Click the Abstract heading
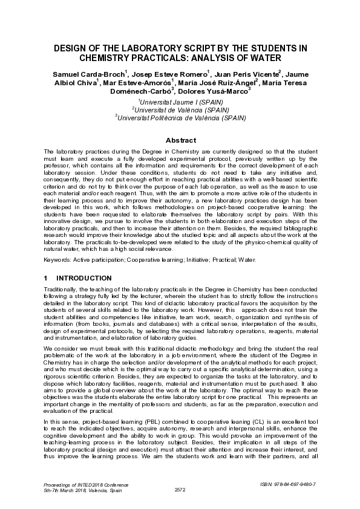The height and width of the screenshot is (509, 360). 180,139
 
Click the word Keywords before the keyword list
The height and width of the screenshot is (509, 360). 59,260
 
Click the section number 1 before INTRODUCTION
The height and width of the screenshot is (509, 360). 46,278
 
